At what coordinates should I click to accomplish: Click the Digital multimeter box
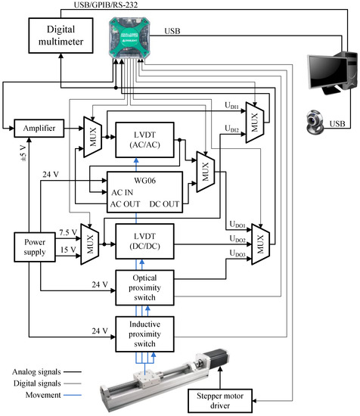tap(61, 36)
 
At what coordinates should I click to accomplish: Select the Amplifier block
tap(39, 129)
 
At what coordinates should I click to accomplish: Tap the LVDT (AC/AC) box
tap(145, 140)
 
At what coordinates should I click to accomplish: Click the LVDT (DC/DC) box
tap(145, 241)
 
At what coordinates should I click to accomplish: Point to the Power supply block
tap(35, 247)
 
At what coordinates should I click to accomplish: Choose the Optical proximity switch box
tap(145, 287)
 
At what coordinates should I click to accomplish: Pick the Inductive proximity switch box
tap(145, 334)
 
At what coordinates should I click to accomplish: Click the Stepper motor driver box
tap(220, 401)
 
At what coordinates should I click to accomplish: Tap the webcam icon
tap(315, 121)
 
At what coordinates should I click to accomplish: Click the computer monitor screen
tap(328, 72)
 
